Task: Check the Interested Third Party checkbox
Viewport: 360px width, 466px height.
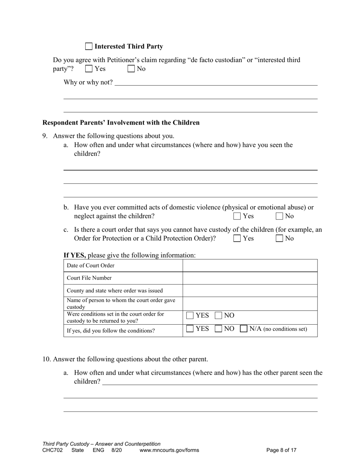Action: pos(89,46)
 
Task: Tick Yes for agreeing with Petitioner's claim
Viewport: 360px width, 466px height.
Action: pos(89,69)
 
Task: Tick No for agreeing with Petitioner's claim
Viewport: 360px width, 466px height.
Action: pos(131,69)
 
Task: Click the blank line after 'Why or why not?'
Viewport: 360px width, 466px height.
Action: pos(216,82)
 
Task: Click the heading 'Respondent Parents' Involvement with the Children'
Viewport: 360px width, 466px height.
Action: pos(121,123)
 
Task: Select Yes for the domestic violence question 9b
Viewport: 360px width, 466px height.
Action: pos(237,216)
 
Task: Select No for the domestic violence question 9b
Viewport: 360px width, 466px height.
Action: pos(279,216)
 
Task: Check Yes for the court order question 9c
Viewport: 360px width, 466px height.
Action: pos(237,238)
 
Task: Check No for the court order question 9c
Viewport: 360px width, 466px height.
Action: pos(279,238)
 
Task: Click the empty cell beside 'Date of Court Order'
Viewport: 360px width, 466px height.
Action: pos(250,266)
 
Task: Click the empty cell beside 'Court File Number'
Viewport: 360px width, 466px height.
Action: pos(250,278)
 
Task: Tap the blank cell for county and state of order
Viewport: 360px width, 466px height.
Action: pos(250,291)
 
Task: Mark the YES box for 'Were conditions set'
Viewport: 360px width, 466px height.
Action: pos(190,316)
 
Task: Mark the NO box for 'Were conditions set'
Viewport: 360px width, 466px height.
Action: pos(219,316)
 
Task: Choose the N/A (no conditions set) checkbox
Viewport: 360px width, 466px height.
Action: pos(244,329)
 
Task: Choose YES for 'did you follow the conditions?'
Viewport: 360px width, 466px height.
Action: pos(190,329)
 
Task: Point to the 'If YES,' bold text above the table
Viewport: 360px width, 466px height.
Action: pos(75,255)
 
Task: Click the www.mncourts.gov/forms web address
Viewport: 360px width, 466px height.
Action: pos(169,450)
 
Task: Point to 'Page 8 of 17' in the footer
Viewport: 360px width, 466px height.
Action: pos(281,450)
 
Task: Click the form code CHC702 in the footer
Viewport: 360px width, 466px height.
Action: pos(53,450)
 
